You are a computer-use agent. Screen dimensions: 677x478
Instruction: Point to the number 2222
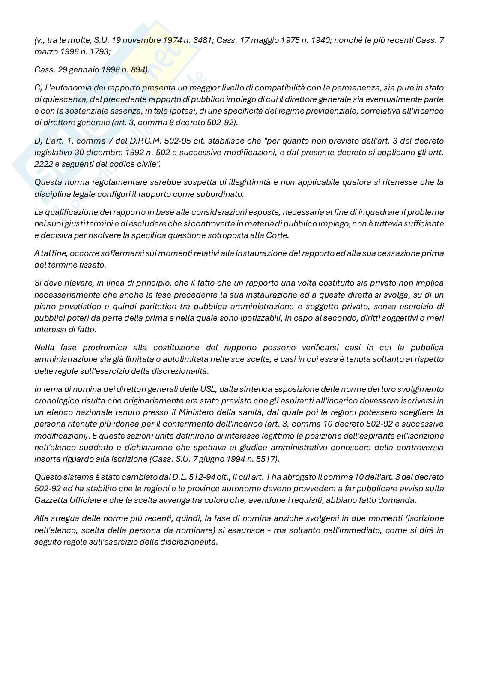(x=43, y=164)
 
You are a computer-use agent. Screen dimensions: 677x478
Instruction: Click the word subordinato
(x=221, y=193)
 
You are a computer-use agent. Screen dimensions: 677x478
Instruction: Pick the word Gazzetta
(x=49, y=500)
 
